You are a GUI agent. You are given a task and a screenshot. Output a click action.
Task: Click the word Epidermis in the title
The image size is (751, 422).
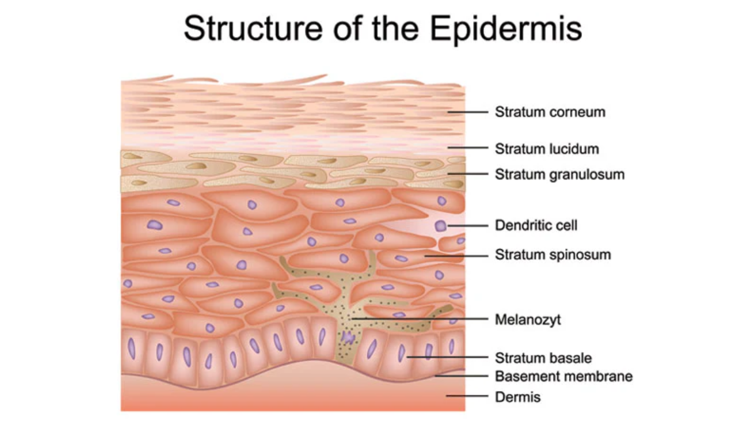tap(506, 29)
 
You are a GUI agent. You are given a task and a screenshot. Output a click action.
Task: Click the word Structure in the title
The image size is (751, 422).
tap(253, 28)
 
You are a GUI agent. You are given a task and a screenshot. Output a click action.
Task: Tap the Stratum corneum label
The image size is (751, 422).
tap(550, 112)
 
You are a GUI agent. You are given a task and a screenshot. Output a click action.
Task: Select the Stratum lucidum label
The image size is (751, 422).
tap(547, 149)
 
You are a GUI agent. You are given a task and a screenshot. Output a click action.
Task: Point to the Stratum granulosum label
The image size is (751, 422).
tap(560, 175)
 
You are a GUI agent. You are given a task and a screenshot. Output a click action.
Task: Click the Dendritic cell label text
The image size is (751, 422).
tap(536, 225)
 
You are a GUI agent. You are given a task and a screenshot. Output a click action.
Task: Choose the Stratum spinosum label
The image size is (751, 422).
tap(553, 255)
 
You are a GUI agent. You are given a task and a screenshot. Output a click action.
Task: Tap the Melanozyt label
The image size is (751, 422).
tap(528, 320)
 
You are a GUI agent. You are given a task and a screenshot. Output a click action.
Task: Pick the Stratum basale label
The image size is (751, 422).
tap(543, 358)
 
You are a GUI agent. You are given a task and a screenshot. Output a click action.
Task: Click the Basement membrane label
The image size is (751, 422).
tap(564, 376)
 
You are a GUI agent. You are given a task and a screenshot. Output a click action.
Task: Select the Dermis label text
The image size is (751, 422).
tap(517, 397)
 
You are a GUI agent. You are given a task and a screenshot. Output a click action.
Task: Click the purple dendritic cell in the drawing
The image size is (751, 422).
tap(441, 225)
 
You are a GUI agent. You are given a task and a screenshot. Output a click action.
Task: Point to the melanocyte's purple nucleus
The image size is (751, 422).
tap(347, 337)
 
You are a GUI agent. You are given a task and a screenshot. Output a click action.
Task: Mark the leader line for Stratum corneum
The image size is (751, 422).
tap(468, 112)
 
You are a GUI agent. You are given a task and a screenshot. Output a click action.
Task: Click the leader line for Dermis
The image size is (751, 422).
tap(467, 396)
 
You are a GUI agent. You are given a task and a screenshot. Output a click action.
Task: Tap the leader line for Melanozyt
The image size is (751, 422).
tap(420, 319)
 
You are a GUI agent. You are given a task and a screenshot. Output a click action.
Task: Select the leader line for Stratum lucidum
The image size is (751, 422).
tap(468, 148)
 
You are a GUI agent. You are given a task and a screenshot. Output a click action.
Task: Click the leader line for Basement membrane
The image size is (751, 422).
tap(462, 376)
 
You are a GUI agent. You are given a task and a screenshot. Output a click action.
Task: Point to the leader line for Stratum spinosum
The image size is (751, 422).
tap(456, 256)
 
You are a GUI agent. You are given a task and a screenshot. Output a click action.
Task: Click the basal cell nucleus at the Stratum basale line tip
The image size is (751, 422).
tap(402, 353)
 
